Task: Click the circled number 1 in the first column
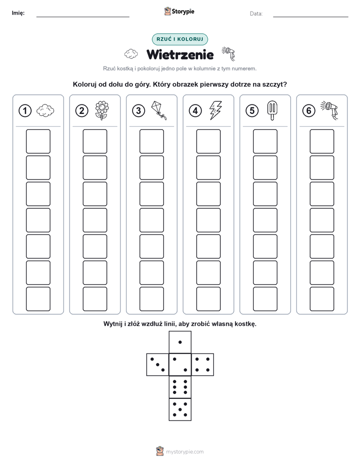[x=25, y=111]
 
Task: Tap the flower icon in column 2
[x=101, y=110]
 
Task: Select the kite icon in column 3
[x=159, y=110]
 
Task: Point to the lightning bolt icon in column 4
[x=215, y=110]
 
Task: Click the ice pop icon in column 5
[x=272, y=110]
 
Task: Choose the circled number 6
[x=309, y=111]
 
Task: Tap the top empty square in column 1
[x=38, y=141]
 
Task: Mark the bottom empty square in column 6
[x=322, y=299]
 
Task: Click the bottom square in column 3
[x=151, y=299]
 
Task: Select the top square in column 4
[x=208, y=141]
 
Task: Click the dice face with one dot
[x=180, y=342]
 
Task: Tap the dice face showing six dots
[x=180, y=387]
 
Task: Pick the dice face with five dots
[x=180, y=409]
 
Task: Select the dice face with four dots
[x=203, y=364]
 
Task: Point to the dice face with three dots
[x=158, y=364]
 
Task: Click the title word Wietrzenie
[x=180, y=54]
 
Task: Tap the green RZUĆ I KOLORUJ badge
[x=179, y=39]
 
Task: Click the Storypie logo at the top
[x=179, y=12]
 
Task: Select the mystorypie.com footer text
[x=185, y=452]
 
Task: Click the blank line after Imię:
[x=83, y=17]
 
